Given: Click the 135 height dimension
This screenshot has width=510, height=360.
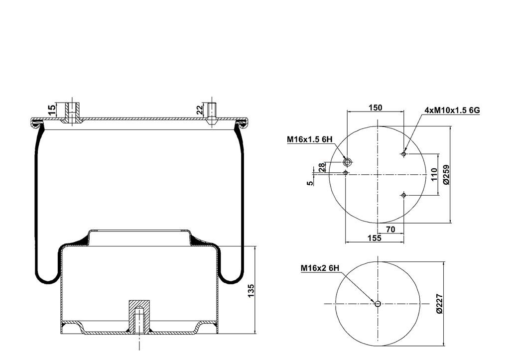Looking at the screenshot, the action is pos(251,290).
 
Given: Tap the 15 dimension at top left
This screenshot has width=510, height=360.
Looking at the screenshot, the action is pos(52,110).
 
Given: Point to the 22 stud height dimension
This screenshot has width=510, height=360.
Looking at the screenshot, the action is pos(200,110).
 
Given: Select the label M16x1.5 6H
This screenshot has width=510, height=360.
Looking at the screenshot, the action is pos(309,139).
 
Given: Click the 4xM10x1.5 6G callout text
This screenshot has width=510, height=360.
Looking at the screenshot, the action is pos(452,110).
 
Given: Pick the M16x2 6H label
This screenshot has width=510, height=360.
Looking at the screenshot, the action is pos(320,268).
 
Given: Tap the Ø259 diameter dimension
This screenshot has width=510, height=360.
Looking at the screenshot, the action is pos(446,175).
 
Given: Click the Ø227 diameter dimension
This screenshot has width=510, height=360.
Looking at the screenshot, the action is pos(439,303).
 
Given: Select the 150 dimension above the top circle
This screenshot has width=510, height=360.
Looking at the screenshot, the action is pos(376,108).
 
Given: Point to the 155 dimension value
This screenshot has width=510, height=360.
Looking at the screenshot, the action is pos(375,238).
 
